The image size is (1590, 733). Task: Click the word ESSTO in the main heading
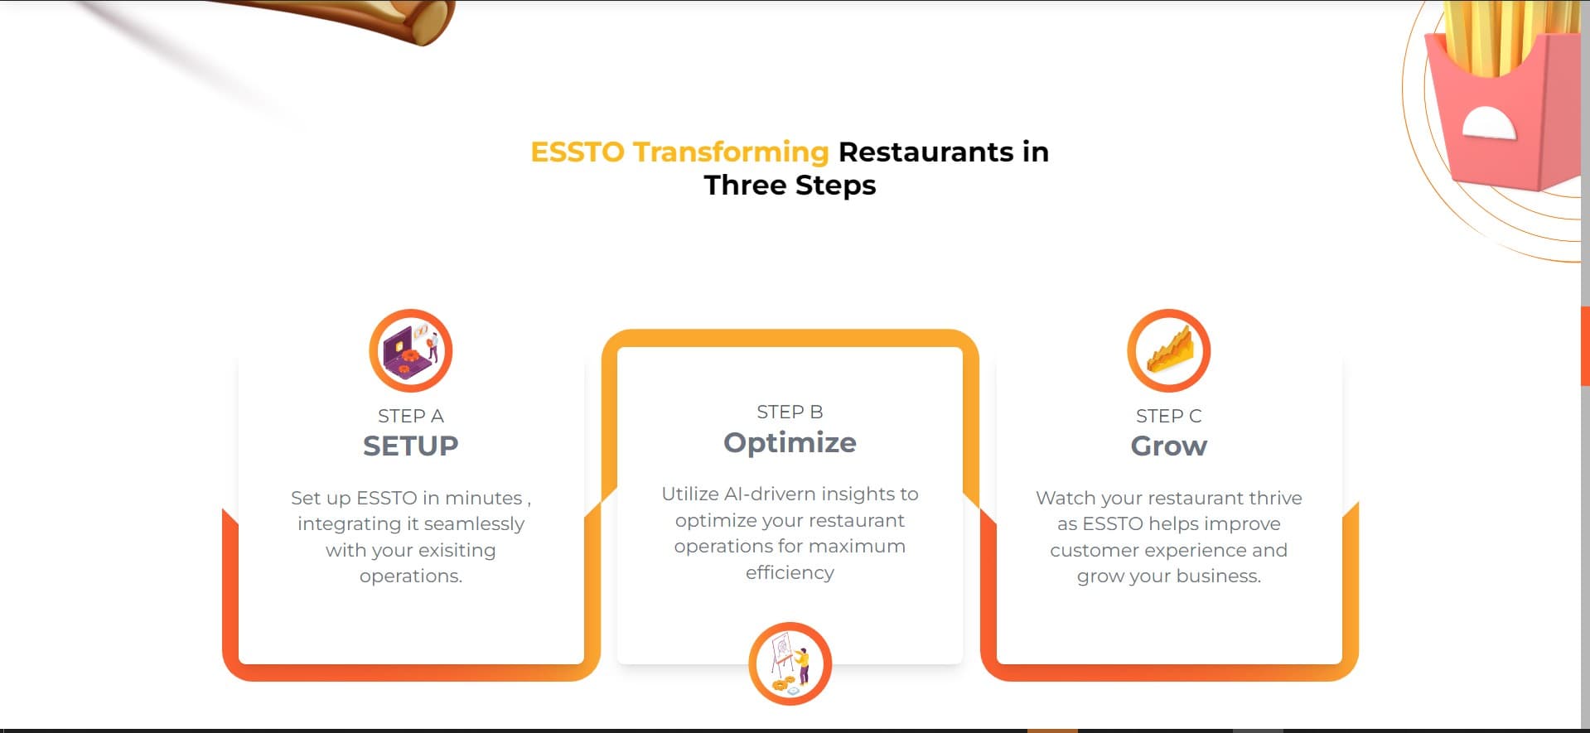pos(578,152)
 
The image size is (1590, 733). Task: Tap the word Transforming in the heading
pos(731,153)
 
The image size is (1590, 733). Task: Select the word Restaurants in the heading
pos(925,152)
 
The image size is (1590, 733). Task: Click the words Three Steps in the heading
pos(790,186)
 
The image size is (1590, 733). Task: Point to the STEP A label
pos(411,416)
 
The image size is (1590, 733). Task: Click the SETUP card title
pos(411,446)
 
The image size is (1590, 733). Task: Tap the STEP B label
pos(790,412)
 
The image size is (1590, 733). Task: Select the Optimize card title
pos(790,443)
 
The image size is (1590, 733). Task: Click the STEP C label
pos(1168,416)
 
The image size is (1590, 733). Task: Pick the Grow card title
pos(1168,446)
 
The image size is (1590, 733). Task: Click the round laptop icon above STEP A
pos(411,350)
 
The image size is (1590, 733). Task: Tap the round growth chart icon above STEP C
pos(1168,350)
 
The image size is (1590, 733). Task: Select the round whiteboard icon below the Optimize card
pos(790,663)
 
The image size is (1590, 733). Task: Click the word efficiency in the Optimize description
pos(790,573)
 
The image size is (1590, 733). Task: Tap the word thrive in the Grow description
pos(1275,498)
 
